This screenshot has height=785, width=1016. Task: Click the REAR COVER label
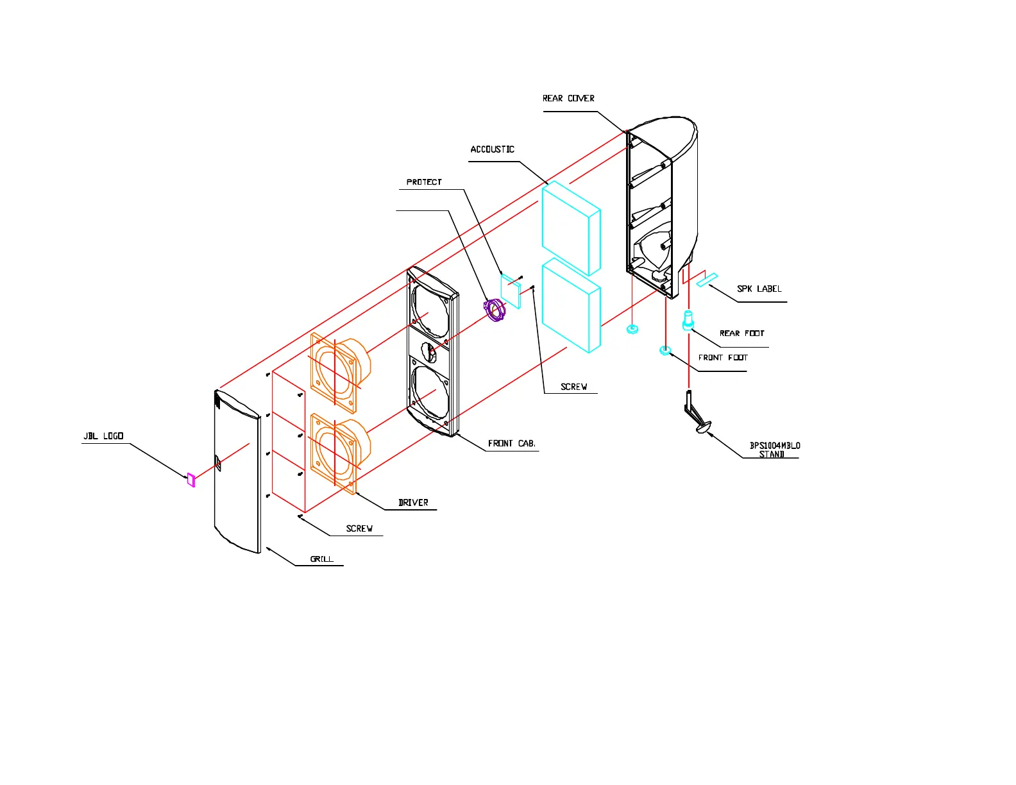point(568,99)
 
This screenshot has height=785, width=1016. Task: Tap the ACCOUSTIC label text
point(492,149)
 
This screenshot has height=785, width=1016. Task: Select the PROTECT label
point(424,182)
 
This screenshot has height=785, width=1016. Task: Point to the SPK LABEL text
point(759,289)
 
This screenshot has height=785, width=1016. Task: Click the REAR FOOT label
point(741,333)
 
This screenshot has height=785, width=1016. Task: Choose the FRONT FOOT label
point(723,358)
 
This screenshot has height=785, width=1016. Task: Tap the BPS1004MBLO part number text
point(775,446)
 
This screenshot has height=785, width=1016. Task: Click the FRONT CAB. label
point(511,444)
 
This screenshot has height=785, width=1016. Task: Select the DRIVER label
point(413,503)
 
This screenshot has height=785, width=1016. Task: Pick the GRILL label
point(322,559)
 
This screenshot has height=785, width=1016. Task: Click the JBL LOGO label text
point(103,437)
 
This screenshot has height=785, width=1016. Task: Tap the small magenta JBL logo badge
point(190,480)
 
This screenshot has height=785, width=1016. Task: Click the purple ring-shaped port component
point(495,310)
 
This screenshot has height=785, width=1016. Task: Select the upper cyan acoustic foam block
point(571,228)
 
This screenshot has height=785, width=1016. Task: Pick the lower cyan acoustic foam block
point(571,306)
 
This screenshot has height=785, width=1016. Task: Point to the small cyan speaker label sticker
point(707,280)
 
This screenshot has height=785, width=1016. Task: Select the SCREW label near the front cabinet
point(573,387)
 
